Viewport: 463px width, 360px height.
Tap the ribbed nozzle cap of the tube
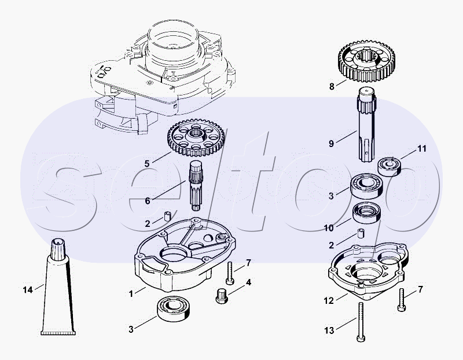click(x=58, y=249)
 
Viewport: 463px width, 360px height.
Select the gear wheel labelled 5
click(x=196, y=138)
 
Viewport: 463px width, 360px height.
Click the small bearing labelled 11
click(x=389, y=166)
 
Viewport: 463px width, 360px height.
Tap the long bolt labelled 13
click(x=361, y=322)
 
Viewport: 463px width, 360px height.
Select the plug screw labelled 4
click(x=222, y=296)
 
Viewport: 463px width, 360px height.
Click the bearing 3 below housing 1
click(x=174, y=308)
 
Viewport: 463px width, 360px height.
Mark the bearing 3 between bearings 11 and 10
click(x=366, y=186)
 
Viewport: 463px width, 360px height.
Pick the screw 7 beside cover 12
click(x=401, y=299)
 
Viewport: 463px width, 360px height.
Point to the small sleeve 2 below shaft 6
click(x=168, y=216)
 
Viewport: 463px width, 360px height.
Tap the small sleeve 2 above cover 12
click(x=361, y=233)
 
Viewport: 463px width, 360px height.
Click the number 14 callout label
click(x=28, y=290)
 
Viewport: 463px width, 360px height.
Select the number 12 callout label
click(x=329, y=300)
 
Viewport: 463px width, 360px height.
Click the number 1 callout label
click(x=131, y=294)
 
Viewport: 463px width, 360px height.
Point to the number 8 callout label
click(x=332, y=87)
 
